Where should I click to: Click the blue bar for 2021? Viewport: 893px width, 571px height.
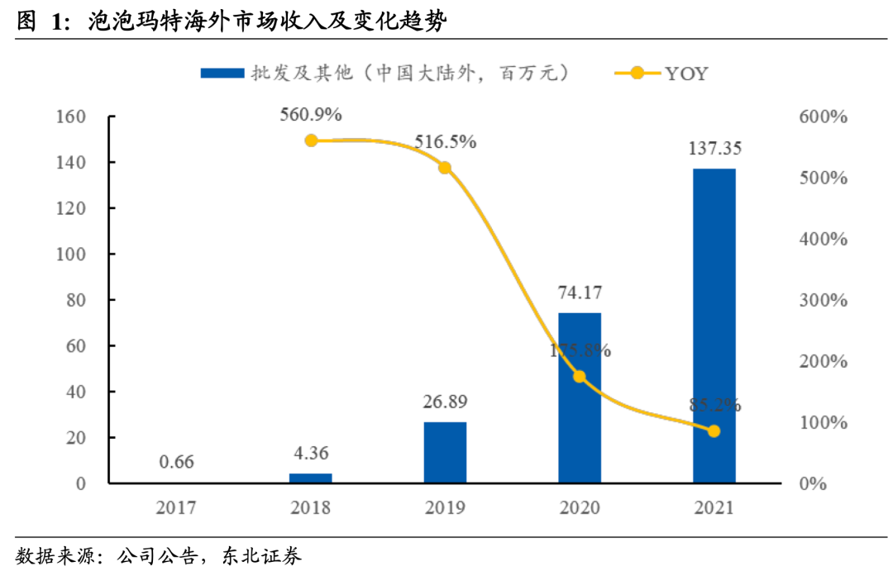[714, 326]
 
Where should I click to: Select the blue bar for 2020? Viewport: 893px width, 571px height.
[580, 397]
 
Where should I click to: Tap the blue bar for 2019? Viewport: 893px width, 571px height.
[445, 452]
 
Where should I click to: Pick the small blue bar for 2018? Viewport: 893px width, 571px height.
[310, 478]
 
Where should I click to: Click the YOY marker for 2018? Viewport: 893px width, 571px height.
[311, 140]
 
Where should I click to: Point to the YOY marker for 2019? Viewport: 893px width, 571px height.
[445, 168]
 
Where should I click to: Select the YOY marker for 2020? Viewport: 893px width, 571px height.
[580, 377]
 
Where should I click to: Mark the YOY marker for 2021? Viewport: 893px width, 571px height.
[714, 431]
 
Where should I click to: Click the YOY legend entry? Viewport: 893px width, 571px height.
[661, 74]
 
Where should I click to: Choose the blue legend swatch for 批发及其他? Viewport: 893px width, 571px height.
[222, 74]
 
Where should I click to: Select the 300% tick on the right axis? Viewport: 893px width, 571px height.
[824, 300]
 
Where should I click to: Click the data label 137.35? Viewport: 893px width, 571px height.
[714, 150]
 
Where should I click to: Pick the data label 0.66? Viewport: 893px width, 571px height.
[175, 462]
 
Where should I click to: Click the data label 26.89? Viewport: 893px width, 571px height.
[446, 402]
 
